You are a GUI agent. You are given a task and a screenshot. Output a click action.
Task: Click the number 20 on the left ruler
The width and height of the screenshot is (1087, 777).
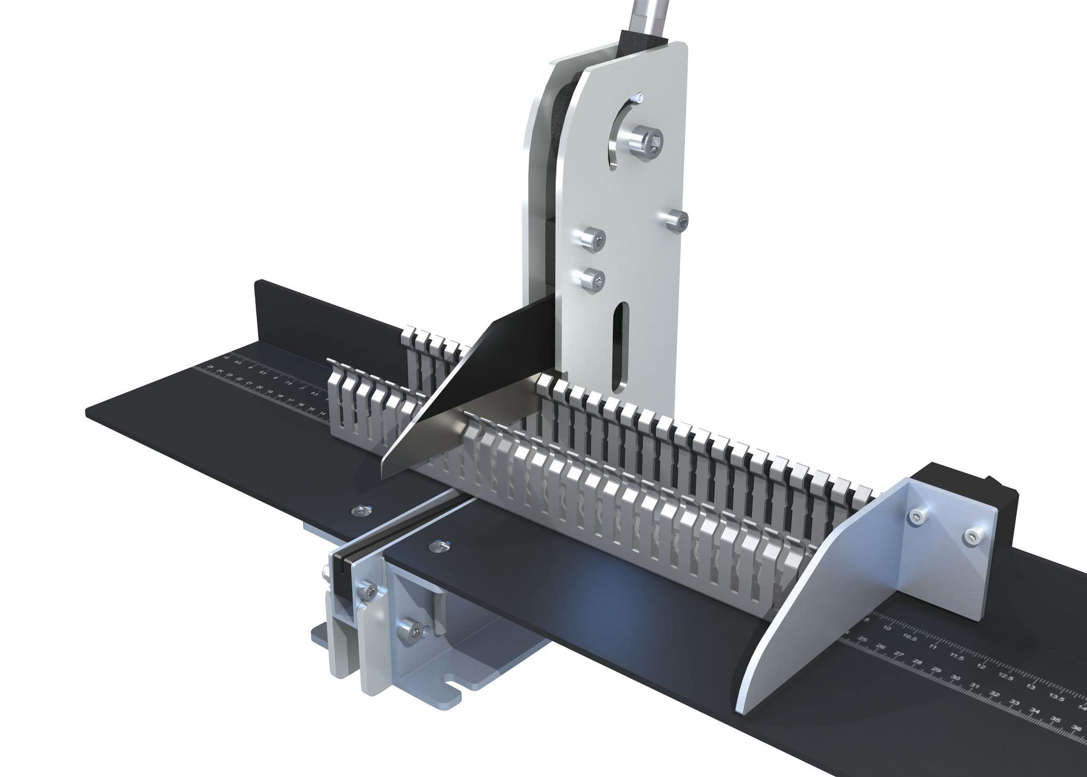tap(260, 387)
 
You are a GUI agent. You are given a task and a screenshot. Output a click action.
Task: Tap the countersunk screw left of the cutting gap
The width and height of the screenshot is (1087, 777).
tap(359, 511)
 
